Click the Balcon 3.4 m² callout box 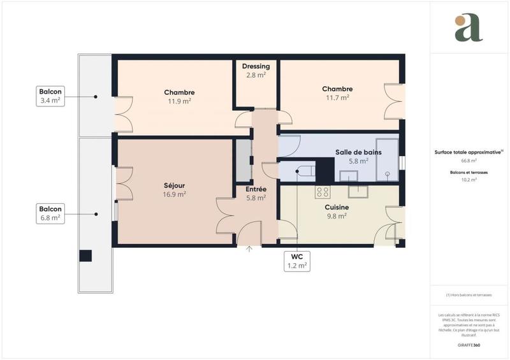50,96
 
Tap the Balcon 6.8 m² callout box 50,213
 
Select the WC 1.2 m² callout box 297,261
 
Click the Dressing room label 256,66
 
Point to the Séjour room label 174,186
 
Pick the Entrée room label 256,189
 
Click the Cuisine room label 336,208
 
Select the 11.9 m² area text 179,101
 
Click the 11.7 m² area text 337,97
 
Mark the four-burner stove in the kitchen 323,191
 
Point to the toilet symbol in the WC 302,171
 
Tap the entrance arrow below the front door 249,248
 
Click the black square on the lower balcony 85,256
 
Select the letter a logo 469,27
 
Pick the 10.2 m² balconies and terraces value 469,180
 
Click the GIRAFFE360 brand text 469,344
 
